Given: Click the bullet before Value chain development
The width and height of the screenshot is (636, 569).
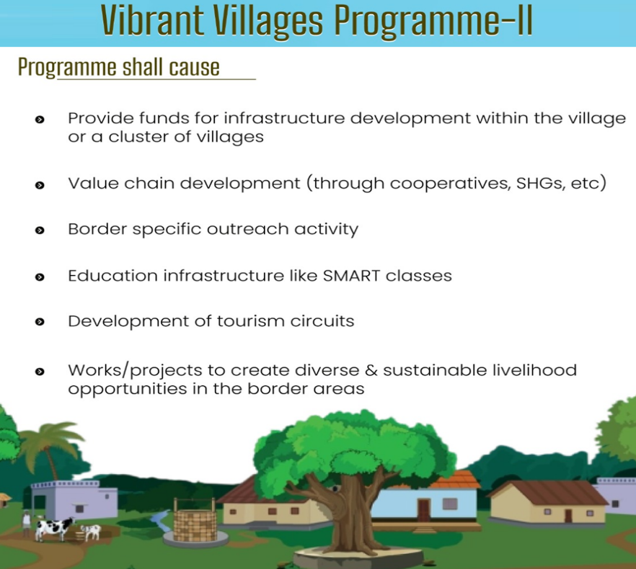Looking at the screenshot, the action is (x=40, y=185).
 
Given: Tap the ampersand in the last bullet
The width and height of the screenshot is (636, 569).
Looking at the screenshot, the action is (x=371, y=370).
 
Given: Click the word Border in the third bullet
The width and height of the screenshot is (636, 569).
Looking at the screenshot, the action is (x=97, y=229).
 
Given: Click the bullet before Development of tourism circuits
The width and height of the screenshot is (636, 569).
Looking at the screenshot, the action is (x=40, y=322).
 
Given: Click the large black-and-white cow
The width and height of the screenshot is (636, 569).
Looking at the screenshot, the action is (x=54, y=529).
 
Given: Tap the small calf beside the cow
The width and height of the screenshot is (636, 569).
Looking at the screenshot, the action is (x=91, y=532).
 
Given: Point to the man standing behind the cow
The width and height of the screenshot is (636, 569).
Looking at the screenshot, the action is (x=27, y=523).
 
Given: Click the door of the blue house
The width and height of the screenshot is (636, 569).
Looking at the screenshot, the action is (x=423, y=510).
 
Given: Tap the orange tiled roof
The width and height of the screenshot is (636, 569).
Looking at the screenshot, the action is (x=454, y=480).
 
